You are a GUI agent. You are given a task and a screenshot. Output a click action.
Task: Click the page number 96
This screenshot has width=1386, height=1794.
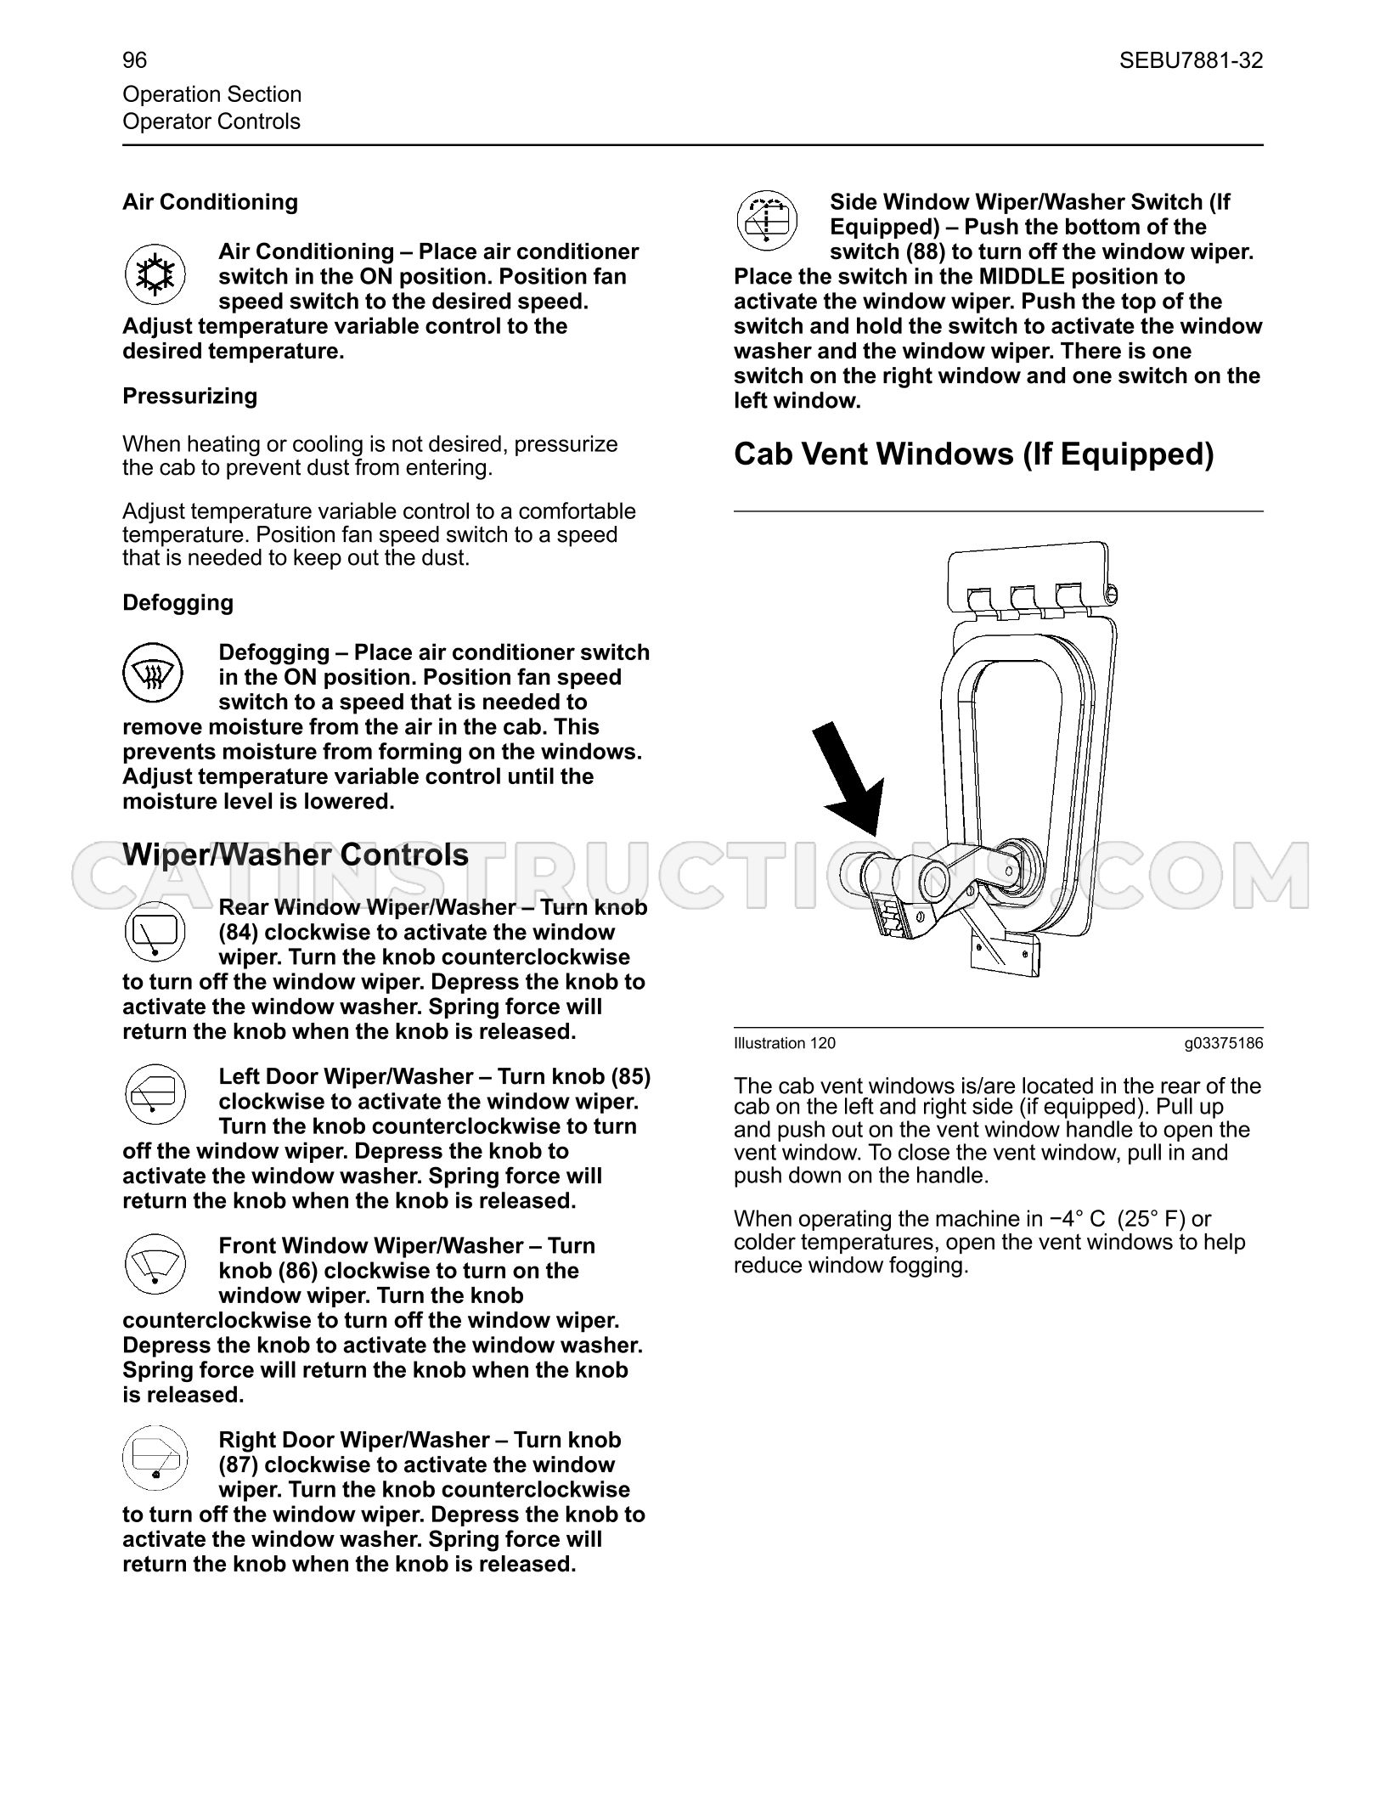134,60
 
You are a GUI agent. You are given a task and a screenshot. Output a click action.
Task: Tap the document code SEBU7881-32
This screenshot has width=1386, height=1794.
1191,60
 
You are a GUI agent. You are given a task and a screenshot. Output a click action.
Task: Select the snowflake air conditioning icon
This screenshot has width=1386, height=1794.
155,274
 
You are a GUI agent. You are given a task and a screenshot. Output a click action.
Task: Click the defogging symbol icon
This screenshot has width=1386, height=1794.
155,675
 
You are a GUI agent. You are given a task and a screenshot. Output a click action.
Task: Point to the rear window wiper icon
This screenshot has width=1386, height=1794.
155,931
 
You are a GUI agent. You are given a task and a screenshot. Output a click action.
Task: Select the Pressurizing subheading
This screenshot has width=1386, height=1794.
189,397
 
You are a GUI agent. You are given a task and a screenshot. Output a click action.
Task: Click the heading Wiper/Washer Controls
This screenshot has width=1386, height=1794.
296,855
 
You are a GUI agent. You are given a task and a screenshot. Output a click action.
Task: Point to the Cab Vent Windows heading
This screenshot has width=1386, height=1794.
974,454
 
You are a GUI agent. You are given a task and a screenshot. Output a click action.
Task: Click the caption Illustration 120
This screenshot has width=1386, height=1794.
785,1043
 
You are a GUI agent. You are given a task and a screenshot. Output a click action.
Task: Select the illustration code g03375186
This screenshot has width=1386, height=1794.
1224,1043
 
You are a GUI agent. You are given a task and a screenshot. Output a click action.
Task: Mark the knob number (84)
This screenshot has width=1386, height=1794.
239,933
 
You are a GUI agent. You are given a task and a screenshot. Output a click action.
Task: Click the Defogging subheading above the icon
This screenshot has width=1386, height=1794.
177,603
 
